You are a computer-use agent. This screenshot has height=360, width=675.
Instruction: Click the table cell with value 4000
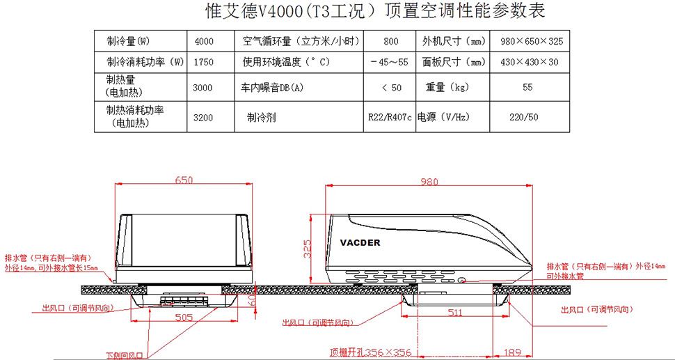point(204,41)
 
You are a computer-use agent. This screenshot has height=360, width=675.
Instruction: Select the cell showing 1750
point(203,62)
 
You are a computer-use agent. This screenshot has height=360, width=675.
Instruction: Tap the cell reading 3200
point(203,117)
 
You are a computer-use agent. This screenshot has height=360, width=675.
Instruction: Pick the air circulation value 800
point(390,41)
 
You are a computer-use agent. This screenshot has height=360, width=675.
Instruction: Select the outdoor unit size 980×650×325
point(532,41)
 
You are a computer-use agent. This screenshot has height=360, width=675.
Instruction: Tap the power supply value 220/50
point(524,117)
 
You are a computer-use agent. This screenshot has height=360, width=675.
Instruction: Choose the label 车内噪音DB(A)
point(273,88)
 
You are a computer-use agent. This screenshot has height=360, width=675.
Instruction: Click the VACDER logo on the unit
point(361,242)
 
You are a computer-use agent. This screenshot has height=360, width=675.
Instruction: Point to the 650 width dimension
point(184,180)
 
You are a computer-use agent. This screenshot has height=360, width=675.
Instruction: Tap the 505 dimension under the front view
point(183,317)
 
